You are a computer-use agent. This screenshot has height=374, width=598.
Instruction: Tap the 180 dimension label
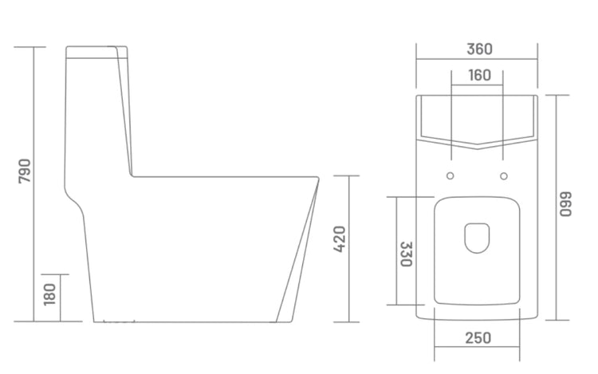(49, 294)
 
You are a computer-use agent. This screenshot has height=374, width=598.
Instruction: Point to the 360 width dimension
(478, 49)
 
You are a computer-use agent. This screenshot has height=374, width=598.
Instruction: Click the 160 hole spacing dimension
(478, 76)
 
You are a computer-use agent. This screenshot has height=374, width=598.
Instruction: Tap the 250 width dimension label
(478, 338)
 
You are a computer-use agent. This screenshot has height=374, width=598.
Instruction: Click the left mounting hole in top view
(451, 175)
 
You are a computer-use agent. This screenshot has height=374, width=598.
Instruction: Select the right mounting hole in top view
(504, 175)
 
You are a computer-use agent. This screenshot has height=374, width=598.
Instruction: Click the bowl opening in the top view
(477, 236)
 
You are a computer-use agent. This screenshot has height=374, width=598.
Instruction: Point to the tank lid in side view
(97, 53)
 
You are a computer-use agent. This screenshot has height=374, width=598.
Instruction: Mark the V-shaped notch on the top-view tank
(477, 146)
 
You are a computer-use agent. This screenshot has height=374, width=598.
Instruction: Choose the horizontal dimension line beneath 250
(478, 348)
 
